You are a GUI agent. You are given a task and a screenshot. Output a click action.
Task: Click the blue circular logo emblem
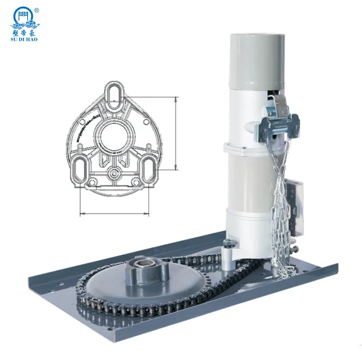click(x=24, y=15)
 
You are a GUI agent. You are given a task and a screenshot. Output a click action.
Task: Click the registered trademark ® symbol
click(x=36, y=9)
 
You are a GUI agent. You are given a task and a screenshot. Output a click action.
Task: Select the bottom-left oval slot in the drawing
click(x=79, y=168)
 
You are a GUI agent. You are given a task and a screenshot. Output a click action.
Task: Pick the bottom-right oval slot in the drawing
click(x=147, y=168)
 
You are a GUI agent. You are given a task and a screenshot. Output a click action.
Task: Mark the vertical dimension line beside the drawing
click(x=176, y=133)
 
